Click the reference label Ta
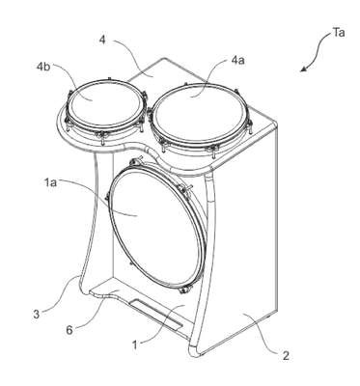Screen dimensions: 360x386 tap(338, 33)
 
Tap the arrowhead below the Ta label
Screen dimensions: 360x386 tap(303, 69)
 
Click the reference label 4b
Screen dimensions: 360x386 tap(43, 67)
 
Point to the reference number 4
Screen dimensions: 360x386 tap(103, 40)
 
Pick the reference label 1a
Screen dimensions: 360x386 tap(51, 182)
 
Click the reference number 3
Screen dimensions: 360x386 tap(36, 314)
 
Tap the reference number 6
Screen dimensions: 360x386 tap(69, 330)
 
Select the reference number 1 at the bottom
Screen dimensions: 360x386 tap(135, 345)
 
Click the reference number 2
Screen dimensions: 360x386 tap(286, 356)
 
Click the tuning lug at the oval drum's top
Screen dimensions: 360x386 tap(137, 161)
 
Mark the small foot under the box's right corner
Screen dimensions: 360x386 tap(269, 317)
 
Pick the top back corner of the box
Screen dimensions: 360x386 tap(165, 58)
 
